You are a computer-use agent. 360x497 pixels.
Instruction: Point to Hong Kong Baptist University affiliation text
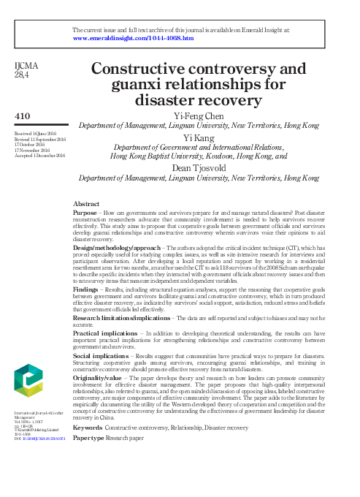161,156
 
